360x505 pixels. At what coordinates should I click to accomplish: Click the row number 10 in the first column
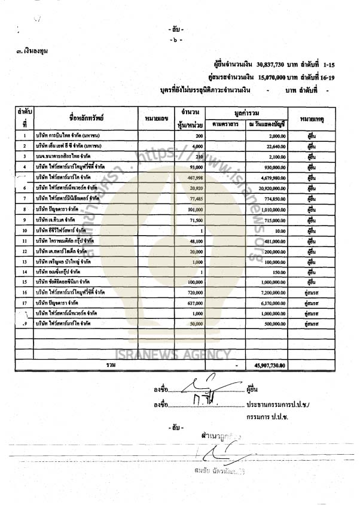pyautogui.click(x=25, y=230)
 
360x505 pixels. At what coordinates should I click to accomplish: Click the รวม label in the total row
pyautogui.click(x=111, y=364)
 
